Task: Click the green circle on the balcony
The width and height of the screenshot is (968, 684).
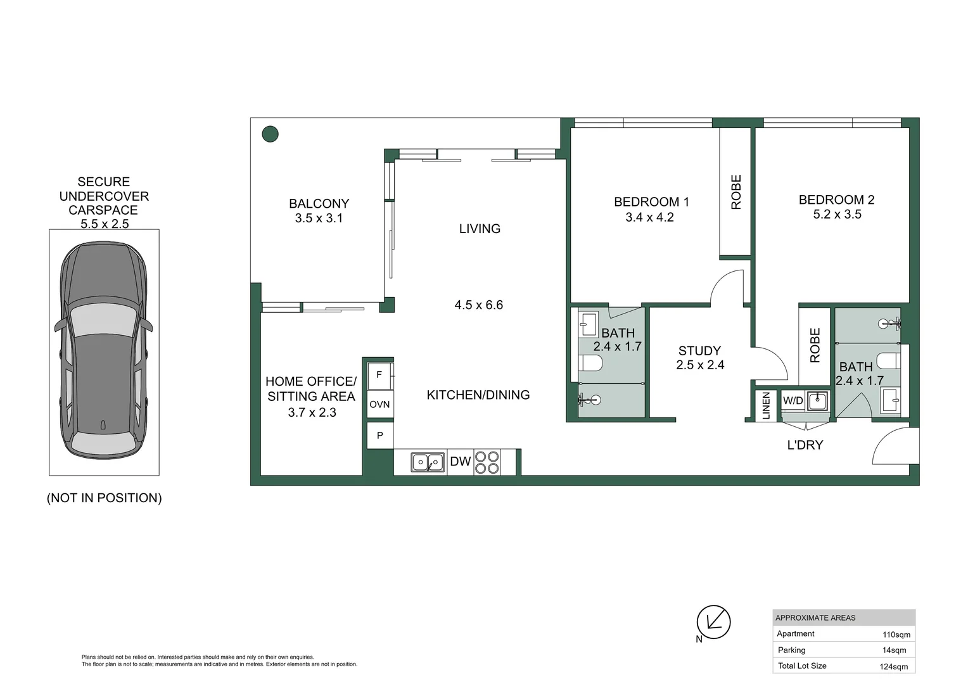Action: [x=270, y=134]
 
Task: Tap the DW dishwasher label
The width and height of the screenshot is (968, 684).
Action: [x=460, y=462]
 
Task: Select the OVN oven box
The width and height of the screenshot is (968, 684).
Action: [x=380, y=405]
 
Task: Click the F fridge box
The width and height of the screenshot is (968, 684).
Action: [x=380, y=376]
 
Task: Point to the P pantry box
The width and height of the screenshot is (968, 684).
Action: [x=380, y=435]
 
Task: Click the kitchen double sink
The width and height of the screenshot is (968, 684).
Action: [x=428, y=463]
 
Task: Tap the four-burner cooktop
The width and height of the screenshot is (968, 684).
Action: [x=487, y=463]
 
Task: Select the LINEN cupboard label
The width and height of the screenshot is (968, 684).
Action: [x=766, y=405]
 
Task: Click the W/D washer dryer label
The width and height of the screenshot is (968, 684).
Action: [x=793, y=400]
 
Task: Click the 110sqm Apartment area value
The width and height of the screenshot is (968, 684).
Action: [x=896, y=635]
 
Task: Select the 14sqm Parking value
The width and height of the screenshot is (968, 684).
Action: [x=894, y=650]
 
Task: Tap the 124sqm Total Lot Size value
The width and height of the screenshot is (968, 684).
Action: [x=894, y=666]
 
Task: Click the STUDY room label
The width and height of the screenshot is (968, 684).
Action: [x=699, y=350]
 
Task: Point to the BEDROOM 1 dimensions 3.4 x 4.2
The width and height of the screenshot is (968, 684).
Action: [x=649, y=217]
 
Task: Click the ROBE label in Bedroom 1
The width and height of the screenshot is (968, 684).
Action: [x=736, y=192]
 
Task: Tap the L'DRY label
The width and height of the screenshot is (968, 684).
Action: [x=805, y=445]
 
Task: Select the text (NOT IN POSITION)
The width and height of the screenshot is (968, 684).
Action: [x=104, y=498]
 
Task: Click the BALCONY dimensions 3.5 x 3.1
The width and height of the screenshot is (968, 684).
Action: [x=319, y=218]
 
